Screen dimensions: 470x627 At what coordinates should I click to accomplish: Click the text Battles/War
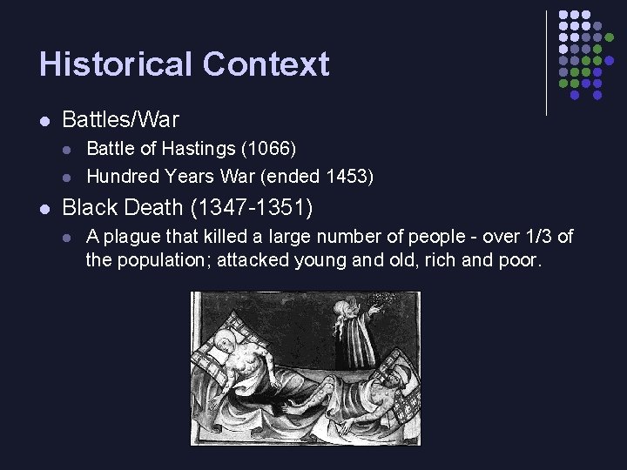click(120, 119)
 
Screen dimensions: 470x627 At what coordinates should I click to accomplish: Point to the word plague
click(131, 237)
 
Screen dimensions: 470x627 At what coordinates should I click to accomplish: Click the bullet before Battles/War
click(44, 119)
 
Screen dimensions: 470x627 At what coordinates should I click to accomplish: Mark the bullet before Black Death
click(44, 209)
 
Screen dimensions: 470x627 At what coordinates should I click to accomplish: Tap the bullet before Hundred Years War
click(69, 177)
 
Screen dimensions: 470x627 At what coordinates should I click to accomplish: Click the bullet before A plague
click(69, 237)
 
